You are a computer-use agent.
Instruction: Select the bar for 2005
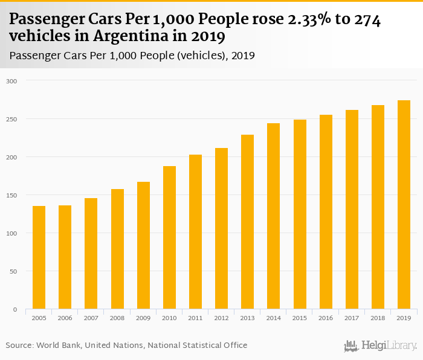(x=39, y=257)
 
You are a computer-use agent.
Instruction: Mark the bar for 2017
(x=352, y=210)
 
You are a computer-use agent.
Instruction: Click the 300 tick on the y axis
(x=13, y=81)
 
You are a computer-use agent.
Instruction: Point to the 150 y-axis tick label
(x=13, y=195)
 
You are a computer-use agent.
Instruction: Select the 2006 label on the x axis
(x=65, y=318)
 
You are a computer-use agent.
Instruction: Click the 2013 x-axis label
(x=247, y=318)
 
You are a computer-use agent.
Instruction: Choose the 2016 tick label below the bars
(x=326, y=318)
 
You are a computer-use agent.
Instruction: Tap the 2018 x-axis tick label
(x=378, y=318)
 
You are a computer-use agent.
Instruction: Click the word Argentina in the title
(x=121, y=37)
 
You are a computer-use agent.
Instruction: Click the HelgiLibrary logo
(x=381, y=346)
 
